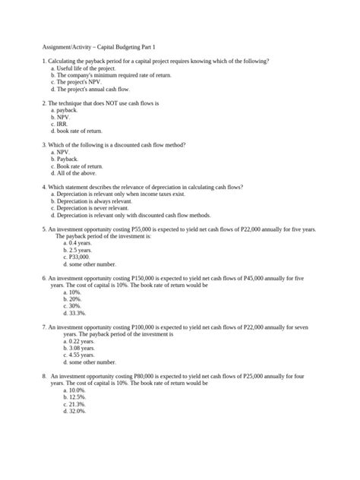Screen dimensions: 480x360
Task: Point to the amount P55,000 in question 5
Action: pos(147,229)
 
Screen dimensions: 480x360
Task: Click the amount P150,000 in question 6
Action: pos(149,279)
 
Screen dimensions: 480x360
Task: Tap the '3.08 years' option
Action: pos(81,348)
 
